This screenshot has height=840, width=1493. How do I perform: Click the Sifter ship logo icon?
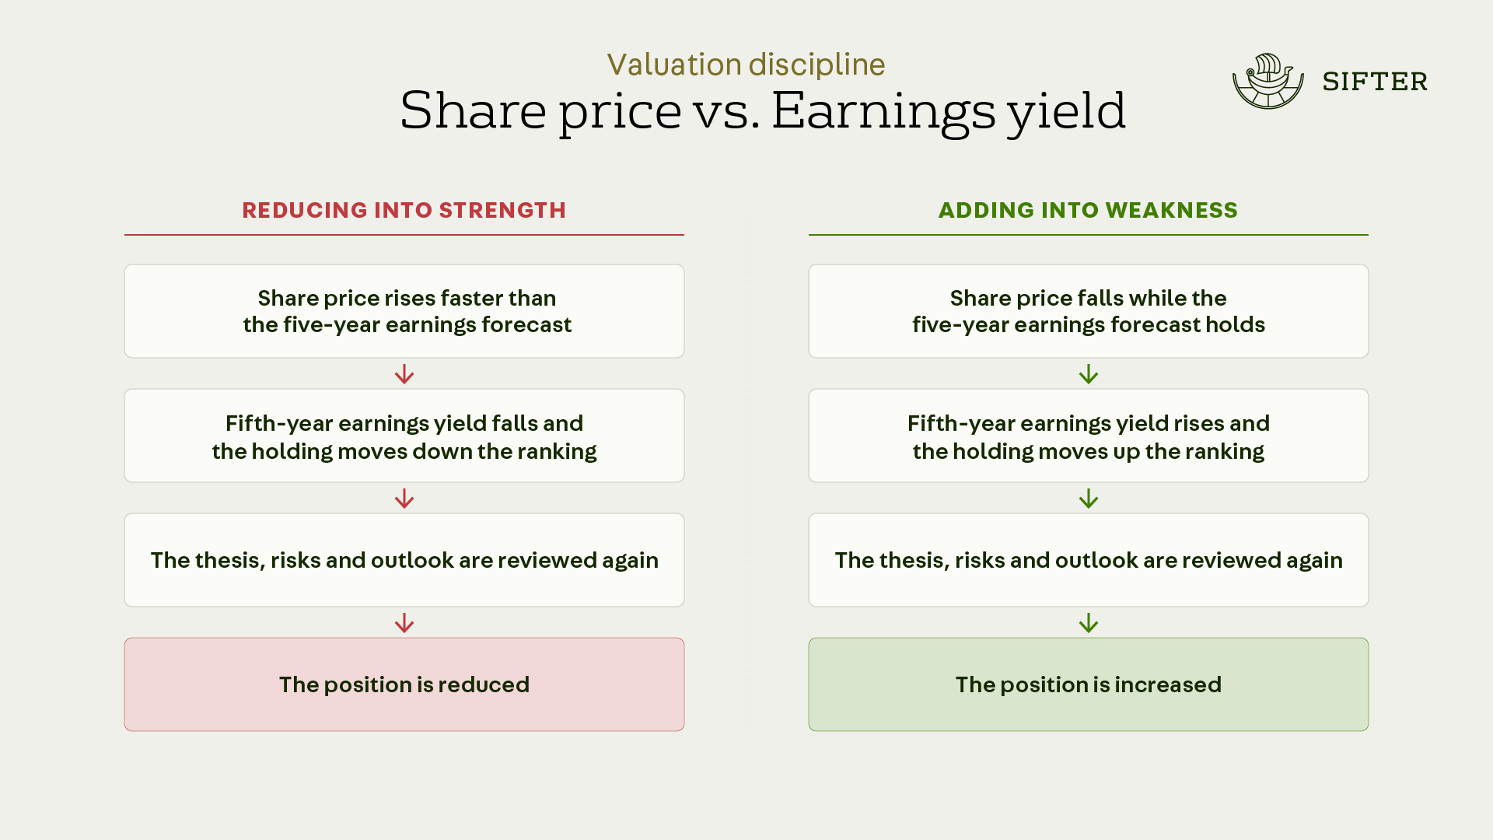click(x=1268, y=81)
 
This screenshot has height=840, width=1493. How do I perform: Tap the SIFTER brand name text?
click(x=1375, y=82)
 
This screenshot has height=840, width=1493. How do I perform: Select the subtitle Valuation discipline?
click(x=746, y=65)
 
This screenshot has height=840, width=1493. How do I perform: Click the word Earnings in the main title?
click(x=883, y=110)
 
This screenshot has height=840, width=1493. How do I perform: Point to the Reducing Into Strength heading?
click(x=404, y=210)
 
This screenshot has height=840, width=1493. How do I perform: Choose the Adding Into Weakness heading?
click(x=1088, y=210)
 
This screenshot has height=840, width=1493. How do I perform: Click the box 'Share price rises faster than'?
click(x=404, y=311)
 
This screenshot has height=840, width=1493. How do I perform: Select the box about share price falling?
click(x=1089, y=311)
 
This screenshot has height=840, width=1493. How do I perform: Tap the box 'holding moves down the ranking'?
click(x=404, y=436)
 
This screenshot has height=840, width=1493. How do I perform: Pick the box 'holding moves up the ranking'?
click(x=1089, y=436)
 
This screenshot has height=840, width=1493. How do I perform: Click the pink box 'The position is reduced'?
click(x=404, y=684)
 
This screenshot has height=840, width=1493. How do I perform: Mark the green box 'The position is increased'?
click(x=1089, y=684)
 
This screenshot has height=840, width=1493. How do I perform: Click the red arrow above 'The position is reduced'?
click(x=404, y=623)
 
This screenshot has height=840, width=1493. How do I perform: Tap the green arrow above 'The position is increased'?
click(x=1089, y=623)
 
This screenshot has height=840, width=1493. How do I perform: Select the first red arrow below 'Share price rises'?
click(x=404, y=374)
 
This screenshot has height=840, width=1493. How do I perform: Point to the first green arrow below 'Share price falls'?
click(x=1089, y=374)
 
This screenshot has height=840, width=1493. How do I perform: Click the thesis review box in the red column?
click(x=404, y=560)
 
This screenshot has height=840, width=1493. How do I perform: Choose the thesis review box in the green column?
click(x=1089, y=560)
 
